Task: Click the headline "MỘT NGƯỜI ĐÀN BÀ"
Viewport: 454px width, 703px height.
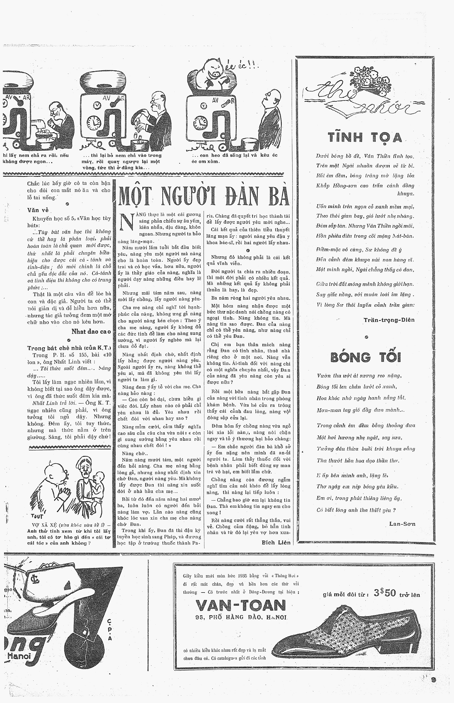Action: (x=204, y=196)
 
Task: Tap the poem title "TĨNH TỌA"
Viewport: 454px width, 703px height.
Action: (x=365, y=138)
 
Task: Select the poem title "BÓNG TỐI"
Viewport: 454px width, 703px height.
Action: (x=366, y=357)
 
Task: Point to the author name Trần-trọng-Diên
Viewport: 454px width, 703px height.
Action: (x=389, y=320)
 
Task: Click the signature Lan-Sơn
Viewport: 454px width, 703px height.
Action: (x=402, y=524)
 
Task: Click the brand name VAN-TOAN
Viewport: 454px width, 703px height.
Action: (x=241, y=606)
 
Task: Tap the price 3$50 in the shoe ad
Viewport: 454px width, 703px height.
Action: (x=385, y=593)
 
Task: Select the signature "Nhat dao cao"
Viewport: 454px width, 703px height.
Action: (x=91, y=332)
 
